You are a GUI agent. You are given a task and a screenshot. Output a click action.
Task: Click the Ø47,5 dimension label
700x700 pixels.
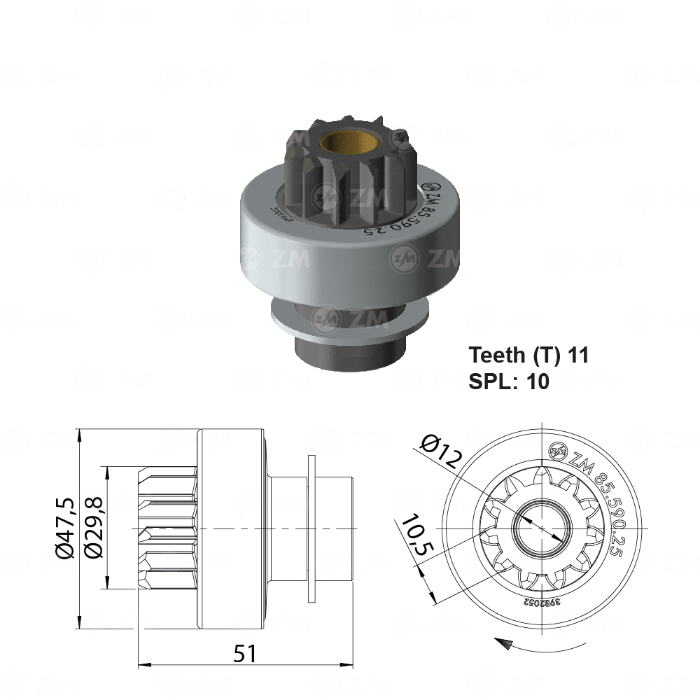pos(65,528)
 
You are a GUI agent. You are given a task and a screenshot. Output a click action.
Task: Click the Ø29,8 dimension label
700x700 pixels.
pos(92,528)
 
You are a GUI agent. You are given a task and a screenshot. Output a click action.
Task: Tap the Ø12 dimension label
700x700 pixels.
pos(442,451)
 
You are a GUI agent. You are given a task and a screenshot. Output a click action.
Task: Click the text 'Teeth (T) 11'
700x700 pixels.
pos(528,355)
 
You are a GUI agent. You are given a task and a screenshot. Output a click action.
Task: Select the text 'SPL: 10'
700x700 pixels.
pos(508,381)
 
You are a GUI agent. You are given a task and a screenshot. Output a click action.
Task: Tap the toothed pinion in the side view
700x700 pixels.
pos(168,528)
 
